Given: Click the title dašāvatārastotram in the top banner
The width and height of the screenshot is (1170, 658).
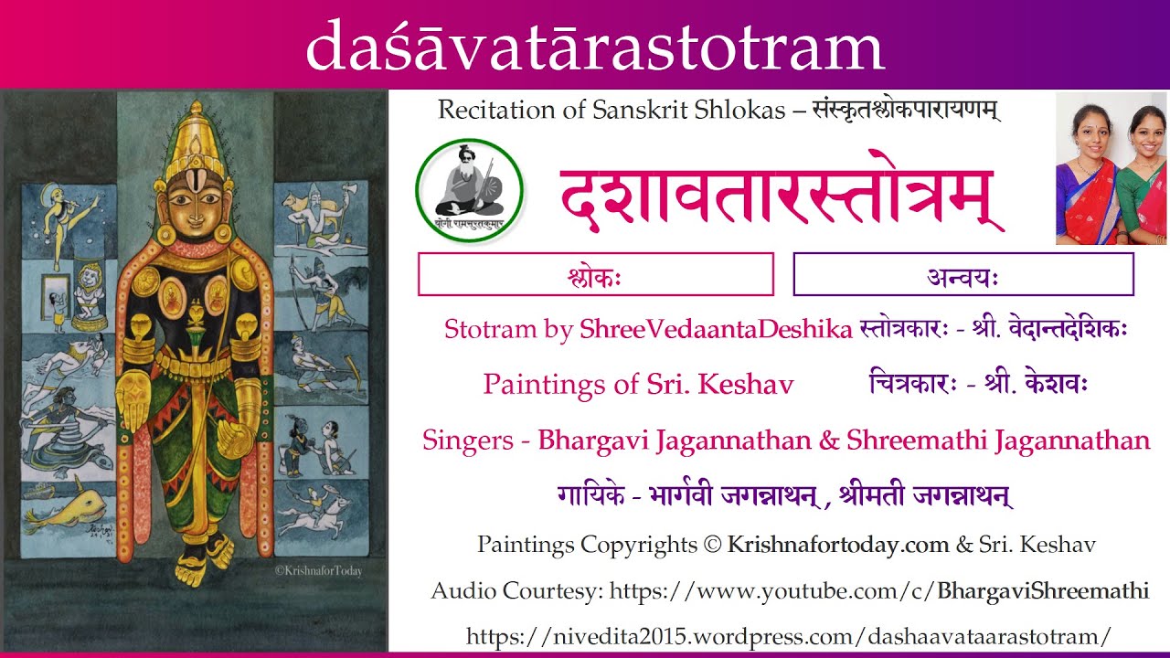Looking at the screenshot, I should click(x=594, y=48).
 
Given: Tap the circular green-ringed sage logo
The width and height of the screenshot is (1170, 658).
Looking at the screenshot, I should click(x=469, y=190).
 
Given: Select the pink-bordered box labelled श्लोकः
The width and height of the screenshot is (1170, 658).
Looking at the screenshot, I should click(x=595, y=274).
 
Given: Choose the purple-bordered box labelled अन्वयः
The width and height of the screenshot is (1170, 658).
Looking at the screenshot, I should click(x=963, y=274).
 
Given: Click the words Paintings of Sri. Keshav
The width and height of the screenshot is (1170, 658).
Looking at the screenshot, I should click(x=638, y=385).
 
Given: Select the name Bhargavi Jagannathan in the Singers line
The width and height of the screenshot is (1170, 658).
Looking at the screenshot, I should click(x=675, y=440).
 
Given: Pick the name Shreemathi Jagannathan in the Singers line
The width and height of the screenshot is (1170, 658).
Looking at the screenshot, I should click(x=998, y=440).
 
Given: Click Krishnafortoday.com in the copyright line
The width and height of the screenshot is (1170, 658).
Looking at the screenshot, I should click(x=838, y=546).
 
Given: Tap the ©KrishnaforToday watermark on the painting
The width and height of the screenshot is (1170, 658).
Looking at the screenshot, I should click(x=318, y=571).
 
